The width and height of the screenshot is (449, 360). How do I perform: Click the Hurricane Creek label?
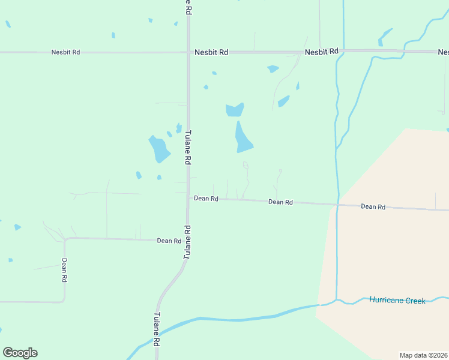(397, 300)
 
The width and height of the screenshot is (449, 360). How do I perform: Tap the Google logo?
(20, 353)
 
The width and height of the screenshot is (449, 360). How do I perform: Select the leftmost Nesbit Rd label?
(66, 52)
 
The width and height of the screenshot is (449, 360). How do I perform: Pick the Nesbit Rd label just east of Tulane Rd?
(211, 52)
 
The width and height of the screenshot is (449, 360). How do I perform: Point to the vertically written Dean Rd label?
(64, 270)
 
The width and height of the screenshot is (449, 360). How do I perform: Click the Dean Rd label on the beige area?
(373, 206)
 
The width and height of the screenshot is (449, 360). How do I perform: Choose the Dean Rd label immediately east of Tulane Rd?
(206, 198)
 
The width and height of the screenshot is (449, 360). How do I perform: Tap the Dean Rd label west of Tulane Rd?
(169, 241)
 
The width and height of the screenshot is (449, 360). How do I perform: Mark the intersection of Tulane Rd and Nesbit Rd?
(188, 52)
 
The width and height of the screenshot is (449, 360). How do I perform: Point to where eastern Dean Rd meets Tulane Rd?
(188, 197)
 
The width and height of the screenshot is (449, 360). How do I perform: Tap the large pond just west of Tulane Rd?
(159, 149)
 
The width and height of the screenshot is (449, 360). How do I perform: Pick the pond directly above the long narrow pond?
(235, 110)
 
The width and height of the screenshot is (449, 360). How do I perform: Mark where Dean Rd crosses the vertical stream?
(337, 205)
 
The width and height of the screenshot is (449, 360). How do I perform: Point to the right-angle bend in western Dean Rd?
(65, 239)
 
